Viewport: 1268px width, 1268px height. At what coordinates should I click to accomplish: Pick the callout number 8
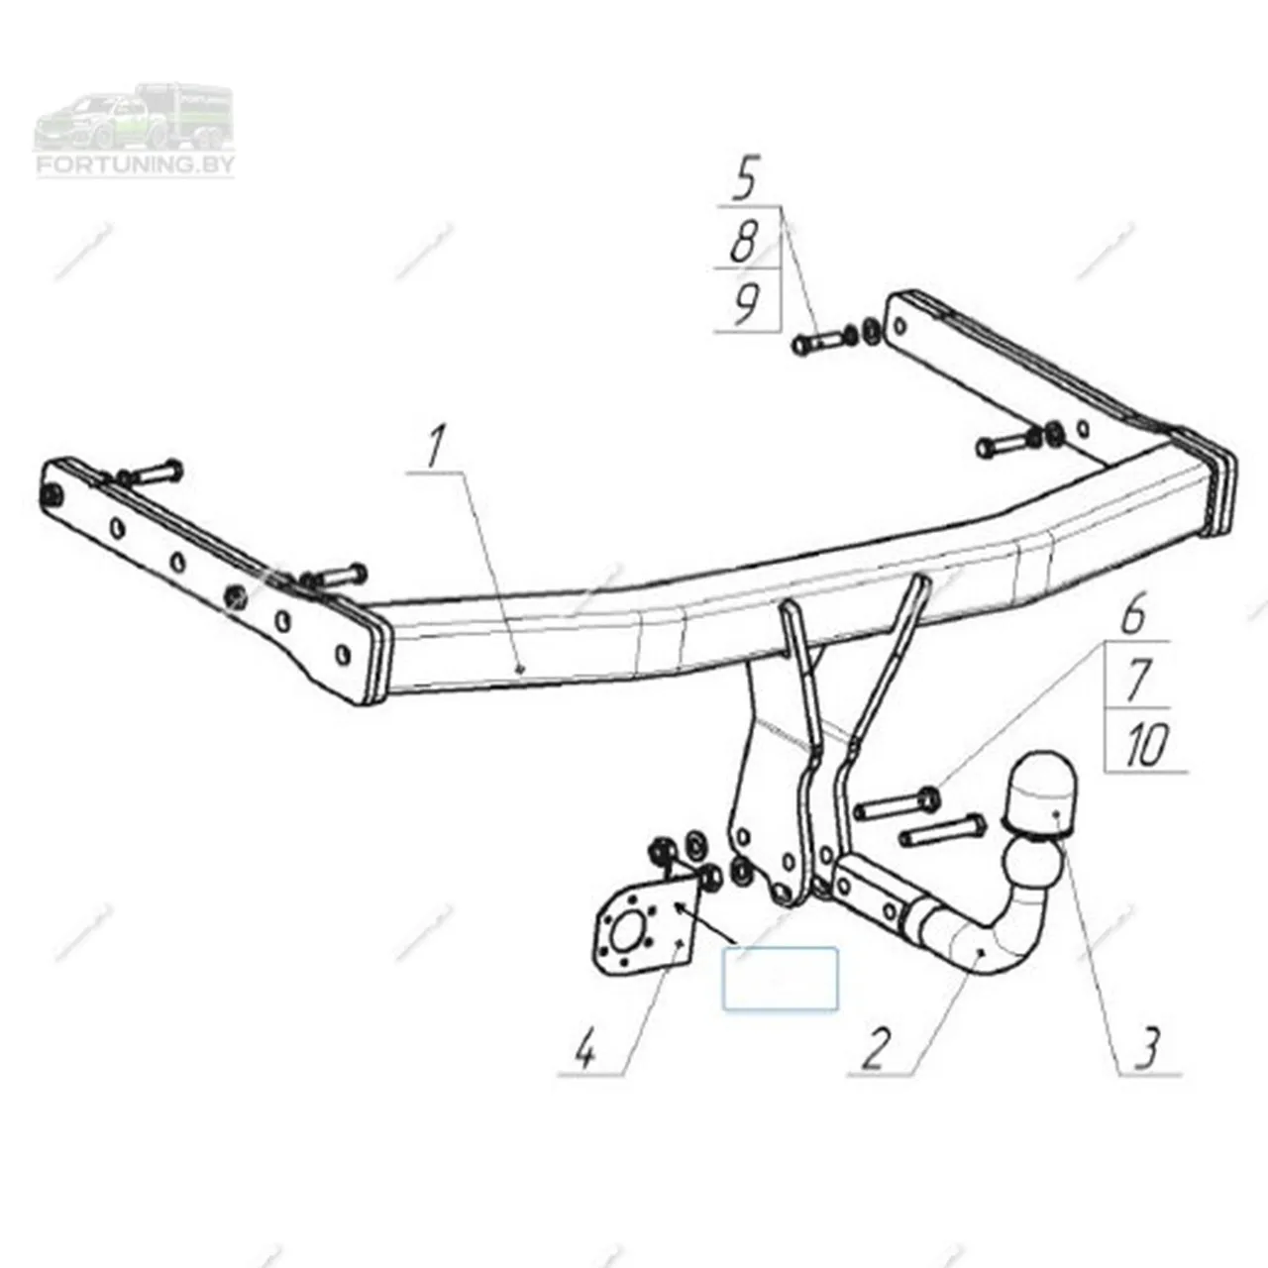(746, 241)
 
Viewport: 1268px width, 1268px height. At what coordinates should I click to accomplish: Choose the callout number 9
(747, 303)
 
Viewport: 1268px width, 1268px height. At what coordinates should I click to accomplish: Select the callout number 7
(1137, 680)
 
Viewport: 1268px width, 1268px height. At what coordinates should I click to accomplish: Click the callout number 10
(1145, 746)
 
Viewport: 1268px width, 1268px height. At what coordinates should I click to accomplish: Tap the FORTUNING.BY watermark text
(135, 164)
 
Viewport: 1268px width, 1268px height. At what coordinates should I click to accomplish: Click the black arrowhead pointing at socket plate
(685, 909)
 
